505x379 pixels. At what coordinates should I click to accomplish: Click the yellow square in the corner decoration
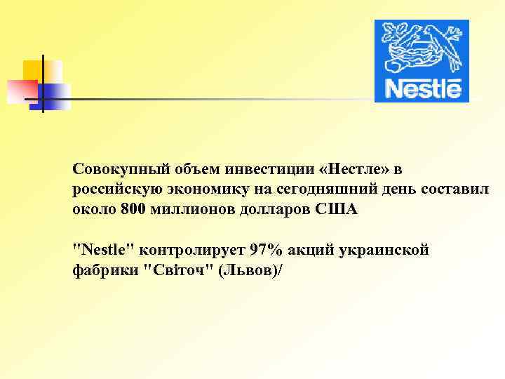tap(42, 71)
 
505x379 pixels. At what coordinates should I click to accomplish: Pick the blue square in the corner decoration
tap(56, 95)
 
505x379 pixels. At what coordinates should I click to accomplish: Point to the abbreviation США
tap(339, 210)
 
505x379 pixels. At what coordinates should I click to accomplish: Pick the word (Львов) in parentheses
tap(248, 270)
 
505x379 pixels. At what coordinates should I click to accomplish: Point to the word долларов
tap(271, 210)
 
